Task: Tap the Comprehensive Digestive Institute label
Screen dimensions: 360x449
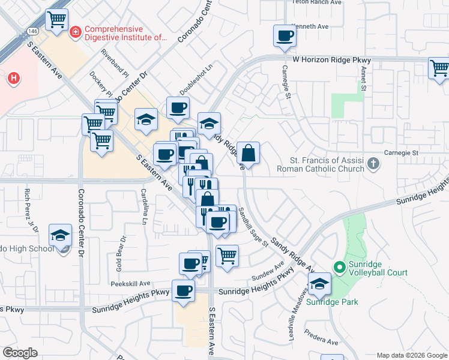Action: coord(124,33)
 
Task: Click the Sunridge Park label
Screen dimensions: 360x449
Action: coord(332,302)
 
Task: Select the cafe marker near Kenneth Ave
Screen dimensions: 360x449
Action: coord(285,35)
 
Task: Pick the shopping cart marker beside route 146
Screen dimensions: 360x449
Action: coord(57,19)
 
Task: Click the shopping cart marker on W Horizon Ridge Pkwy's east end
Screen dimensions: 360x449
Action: coord(439,68)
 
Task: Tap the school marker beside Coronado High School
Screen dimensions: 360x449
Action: coord(60,235)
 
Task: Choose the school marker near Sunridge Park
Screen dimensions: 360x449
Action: coord(320,283)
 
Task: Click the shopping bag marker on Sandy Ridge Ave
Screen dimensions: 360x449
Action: coord(248,152)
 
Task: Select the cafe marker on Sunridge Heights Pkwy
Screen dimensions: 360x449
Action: coord(183,291)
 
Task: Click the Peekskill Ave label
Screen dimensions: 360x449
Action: coord(130,283)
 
